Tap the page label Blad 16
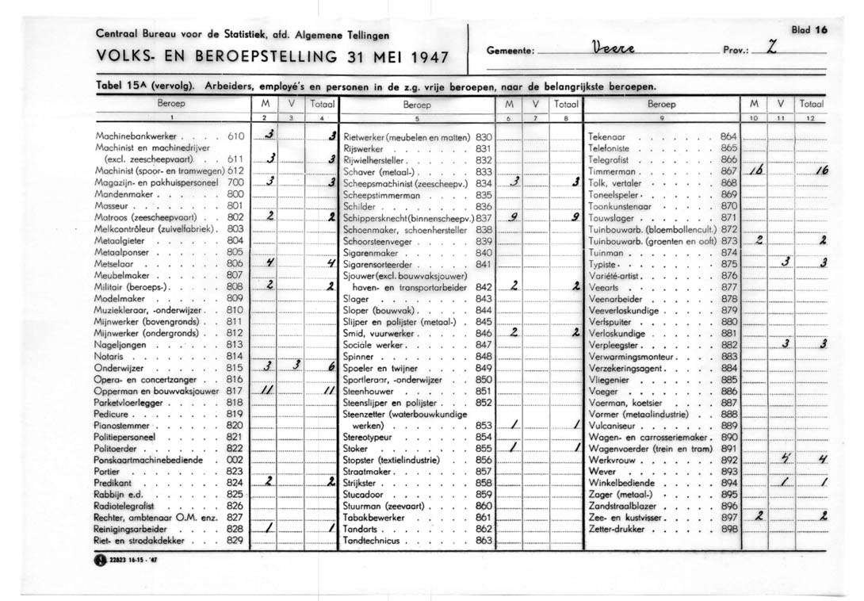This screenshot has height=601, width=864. tap(808, 29)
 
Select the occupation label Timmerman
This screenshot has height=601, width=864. tap(613, 171)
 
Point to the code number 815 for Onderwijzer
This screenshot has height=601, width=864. tap(234, 368)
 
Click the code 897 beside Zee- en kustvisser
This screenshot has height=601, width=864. tap(729, 517)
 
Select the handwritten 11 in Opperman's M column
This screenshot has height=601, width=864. tap(268, 391)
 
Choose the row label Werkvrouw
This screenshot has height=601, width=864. tap(612, 459)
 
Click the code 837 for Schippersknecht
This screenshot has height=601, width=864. tap(484, 217)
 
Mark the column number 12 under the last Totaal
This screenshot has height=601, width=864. tap(811, 118)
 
